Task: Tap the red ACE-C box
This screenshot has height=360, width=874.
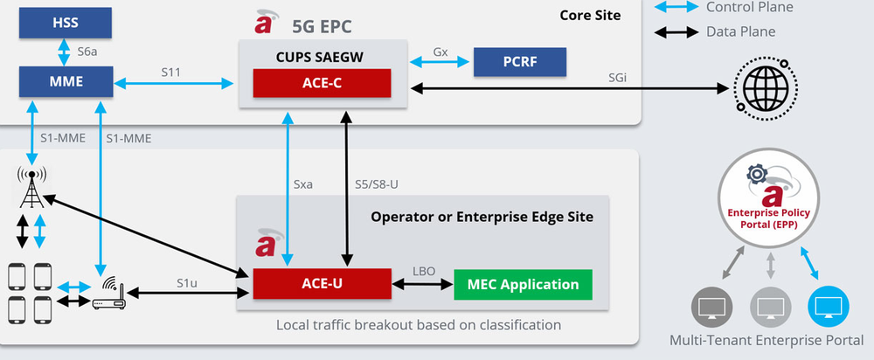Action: pyautogui.click(x=323, y=85)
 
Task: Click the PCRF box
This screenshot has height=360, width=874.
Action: pyautogui.click(x=519, y=63)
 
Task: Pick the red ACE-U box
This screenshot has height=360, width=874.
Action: pyautogui.click(x=321, y=284)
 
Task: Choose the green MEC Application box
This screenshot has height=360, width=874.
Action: pyautogui.click(x=523, y=284)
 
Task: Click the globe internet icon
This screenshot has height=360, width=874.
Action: pyautogui.click(x=760, y=88)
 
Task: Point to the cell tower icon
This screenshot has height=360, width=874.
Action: pyautogui.click(x=32, y=186)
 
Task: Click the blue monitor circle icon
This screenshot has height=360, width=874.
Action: pyautogui.click(x=827, y=307)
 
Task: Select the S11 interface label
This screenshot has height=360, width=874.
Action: pyautogui.click(x=171, y=73)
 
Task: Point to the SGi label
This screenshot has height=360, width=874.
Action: pyautogui.click(x=617, y=77)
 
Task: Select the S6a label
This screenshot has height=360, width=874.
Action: pyautogui.click(x=87, y=52)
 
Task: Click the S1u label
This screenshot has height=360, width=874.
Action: pyautogui.click(x=186, y=282)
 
